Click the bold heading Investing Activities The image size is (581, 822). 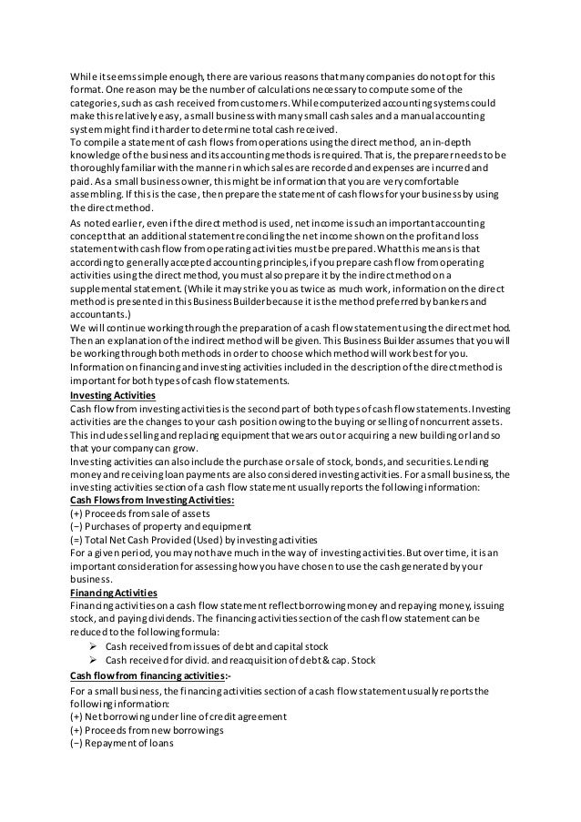(112, 397)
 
